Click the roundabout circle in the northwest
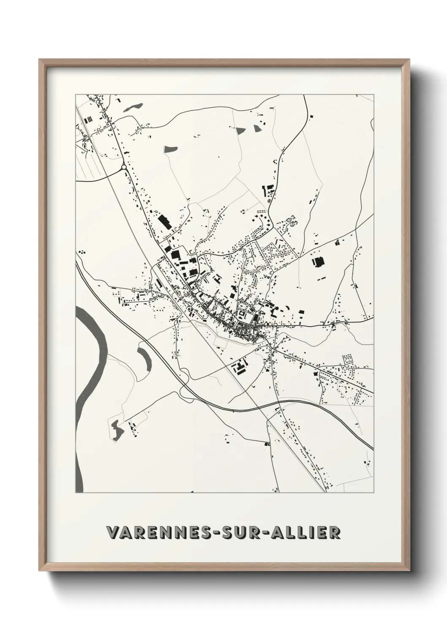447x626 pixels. point(124,167)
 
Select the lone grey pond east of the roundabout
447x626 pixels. point(171,148)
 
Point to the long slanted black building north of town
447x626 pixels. point(163,222)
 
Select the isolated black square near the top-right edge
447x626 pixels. point(311,116)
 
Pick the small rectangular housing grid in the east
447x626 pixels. point(348,359)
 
